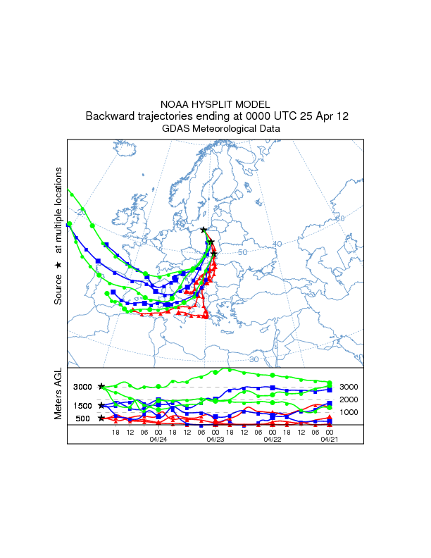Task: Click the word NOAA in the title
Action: point(175,104)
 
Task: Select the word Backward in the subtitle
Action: point(110,116)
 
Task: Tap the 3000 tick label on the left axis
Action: point(82,387)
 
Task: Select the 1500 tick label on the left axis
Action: point(82,406)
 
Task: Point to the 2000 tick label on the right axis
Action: point(349,399)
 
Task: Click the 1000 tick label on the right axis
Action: point(349,412)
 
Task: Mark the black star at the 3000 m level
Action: point(101,386)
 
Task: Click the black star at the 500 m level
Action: point(101,418)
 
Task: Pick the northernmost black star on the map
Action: point(204,230)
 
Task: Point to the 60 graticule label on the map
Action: point(340,219)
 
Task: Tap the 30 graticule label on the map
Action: point(254,359)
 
